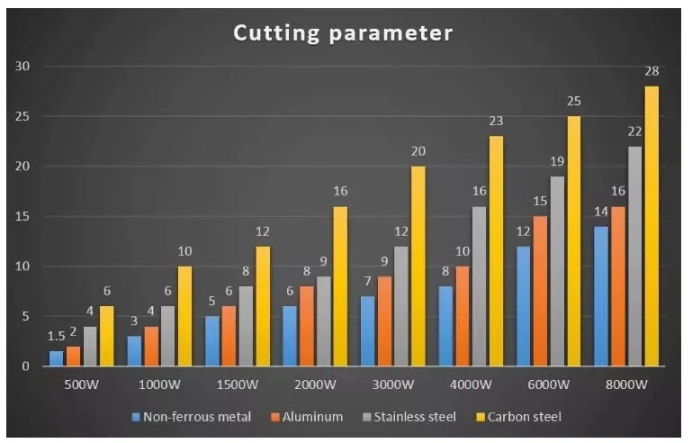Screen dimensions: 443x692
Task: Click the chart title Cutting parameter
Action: [343, 33]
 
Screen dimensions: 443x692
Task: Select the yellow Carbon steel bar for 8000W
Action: [652, 226]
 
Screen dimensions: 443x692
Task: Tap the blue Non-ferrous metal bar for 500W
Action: [57, 358]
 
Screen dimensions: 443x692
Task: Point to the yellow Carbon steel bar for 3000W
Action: [418, 266]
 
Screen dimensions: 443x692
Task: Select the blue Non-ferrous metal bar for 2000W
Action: [290, 336]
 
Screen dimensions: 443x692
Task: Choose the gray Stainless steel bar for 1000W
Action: [168, 336]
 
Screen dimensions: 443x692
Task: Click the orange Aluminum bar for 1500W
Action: [229, 336]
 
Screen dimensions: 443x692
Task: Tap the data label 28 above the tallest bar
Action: [652, 71]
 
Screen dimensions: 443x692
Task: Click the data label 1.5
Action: [56, 336]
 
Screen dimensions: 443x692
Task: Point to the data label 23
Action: [496, 121]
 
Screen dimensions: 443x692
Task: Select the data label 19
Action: [557, 161]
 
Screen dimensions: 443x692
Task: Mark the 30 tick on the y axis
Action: [23, 67]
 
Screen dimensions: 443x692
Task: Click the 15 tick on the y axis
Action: [23, 216]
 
